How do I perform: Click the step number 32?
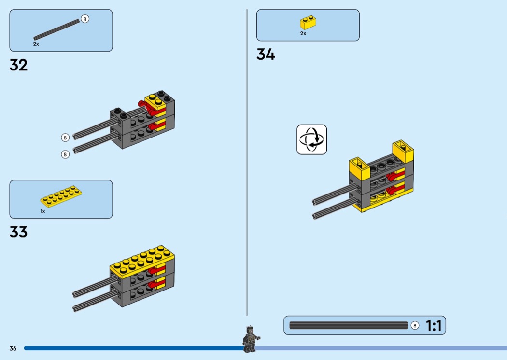click(x=18, y=65)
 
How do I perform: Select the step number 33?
click(x=18, y=232)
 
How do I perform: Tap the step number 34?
click(x=266, y=55)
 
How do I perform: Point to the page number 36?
click(x=13, y=348)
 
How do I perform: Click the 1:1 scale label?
click(x=434, y=326)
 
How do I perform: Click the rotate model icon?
click(x=311, y=139)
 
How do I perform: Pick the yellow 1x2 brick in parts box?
click(x=308, y=23)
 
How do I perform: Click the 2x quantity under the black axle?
click(x=36, y=44)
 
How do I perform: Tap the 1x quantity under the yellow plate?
click(x=42, y=211)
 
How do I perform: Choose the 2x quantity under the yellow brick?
click(x=303, y=33)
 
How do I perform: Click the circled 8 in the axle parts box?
click(x=85, y=19)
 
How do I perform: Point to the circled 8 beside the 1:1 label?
click(x=415, y=326)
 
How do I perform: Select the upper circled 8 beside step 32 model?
click(x=65, y=138)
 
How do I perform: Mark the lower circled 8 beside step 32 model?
click(x=65, y=154)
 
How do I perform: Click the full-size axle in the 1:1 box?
click(x=348, y=326)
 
